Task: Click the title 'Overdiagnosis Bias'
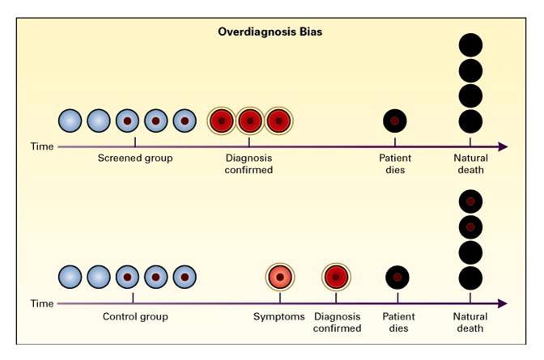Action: [x=270, y=32]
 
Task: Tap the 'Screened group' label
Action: [x=135, y=158]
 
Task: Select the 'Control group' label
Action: [x=135, y=316]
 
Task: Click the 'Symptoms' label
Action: [x=279, y=316]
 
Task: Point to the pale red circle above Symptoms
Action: [x=280, y=277]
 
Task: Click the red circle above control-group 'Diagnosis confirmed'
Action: [x=336, y=277]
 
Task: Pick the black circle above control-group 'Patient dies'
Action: [x=397, y=277]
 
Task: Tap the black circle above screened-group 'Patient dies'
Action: [x=395, y=121]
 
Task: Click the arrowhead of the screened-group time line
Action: [x=503, y=146]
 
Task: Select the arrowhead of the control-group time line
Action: [x=503, y=303]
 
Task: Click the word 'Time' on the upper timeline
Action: [x=42, y=146]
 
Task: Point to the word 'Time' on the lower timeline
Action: [x=42, y=303]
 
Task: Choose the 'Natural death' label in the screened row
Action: [x=471, y=163]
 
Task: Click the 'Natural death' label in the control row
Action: [x=470, y=322]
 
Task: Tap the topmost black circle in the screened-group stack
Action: [x=470, y=44]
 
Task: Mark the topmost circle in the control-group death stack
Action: [x=470, y=201]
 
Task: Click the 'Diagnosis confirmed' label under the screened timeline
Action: [x=249, y=163]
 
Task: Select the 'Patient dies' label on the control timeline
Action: [x=398, y=322]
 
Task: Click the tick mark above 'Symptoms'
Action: [x=280, y=298]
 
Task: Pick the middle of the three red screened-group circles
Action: [x=250, y=121]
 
